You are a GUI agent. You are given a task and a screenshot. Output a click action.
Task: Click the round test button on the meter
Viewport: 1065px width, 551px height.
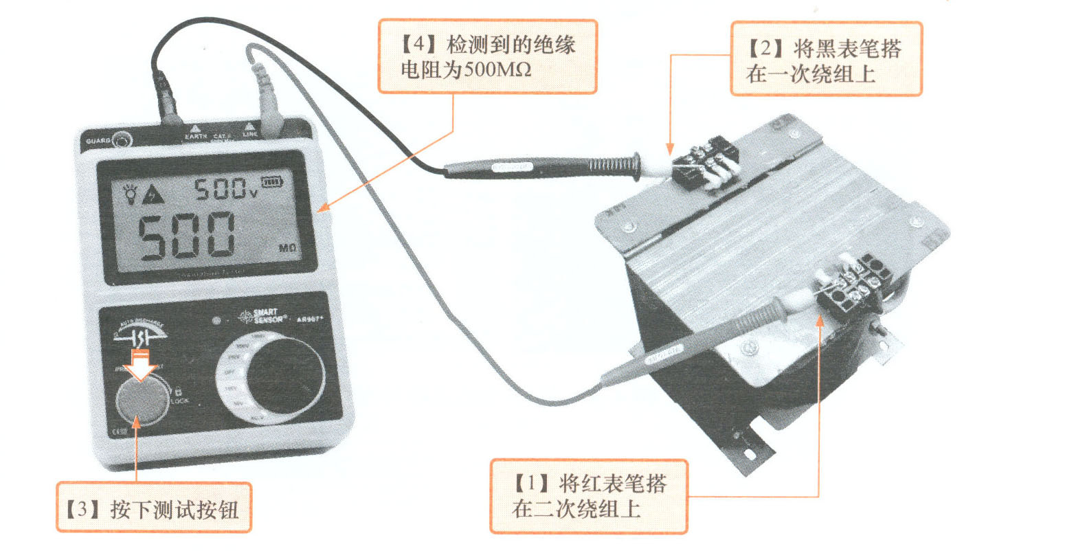(142, 403)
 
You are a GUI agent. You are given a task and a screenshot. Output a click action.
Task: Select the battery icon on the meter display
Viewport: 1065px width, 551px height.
(273, 183)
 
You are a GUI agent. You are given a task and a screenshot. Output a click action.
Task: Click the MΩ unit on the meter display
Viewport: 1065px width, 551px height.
(288, 247)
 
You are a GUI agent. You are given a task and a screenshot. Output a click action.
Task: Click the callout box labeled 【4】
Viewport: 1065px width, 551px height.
(487, 56)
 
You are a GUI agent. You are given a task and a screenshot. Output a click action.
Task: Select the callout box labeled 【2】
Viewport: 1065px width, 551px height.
(825, 58)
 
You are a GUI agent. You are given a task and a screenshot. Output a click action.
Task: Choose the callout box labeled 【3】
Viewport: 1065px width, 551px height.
(153, 508)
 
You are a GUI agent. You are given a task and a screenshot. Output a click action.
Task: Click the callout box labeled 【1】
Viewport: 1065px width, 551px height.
(588, 495)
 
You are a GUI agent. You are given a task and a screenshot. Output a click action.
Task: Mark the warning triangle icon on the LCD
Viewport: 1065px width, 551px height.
(153, 195)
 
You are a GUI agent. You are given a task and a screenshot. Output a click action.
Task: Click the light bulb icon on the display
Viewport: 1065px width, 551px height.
(130, 193)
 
